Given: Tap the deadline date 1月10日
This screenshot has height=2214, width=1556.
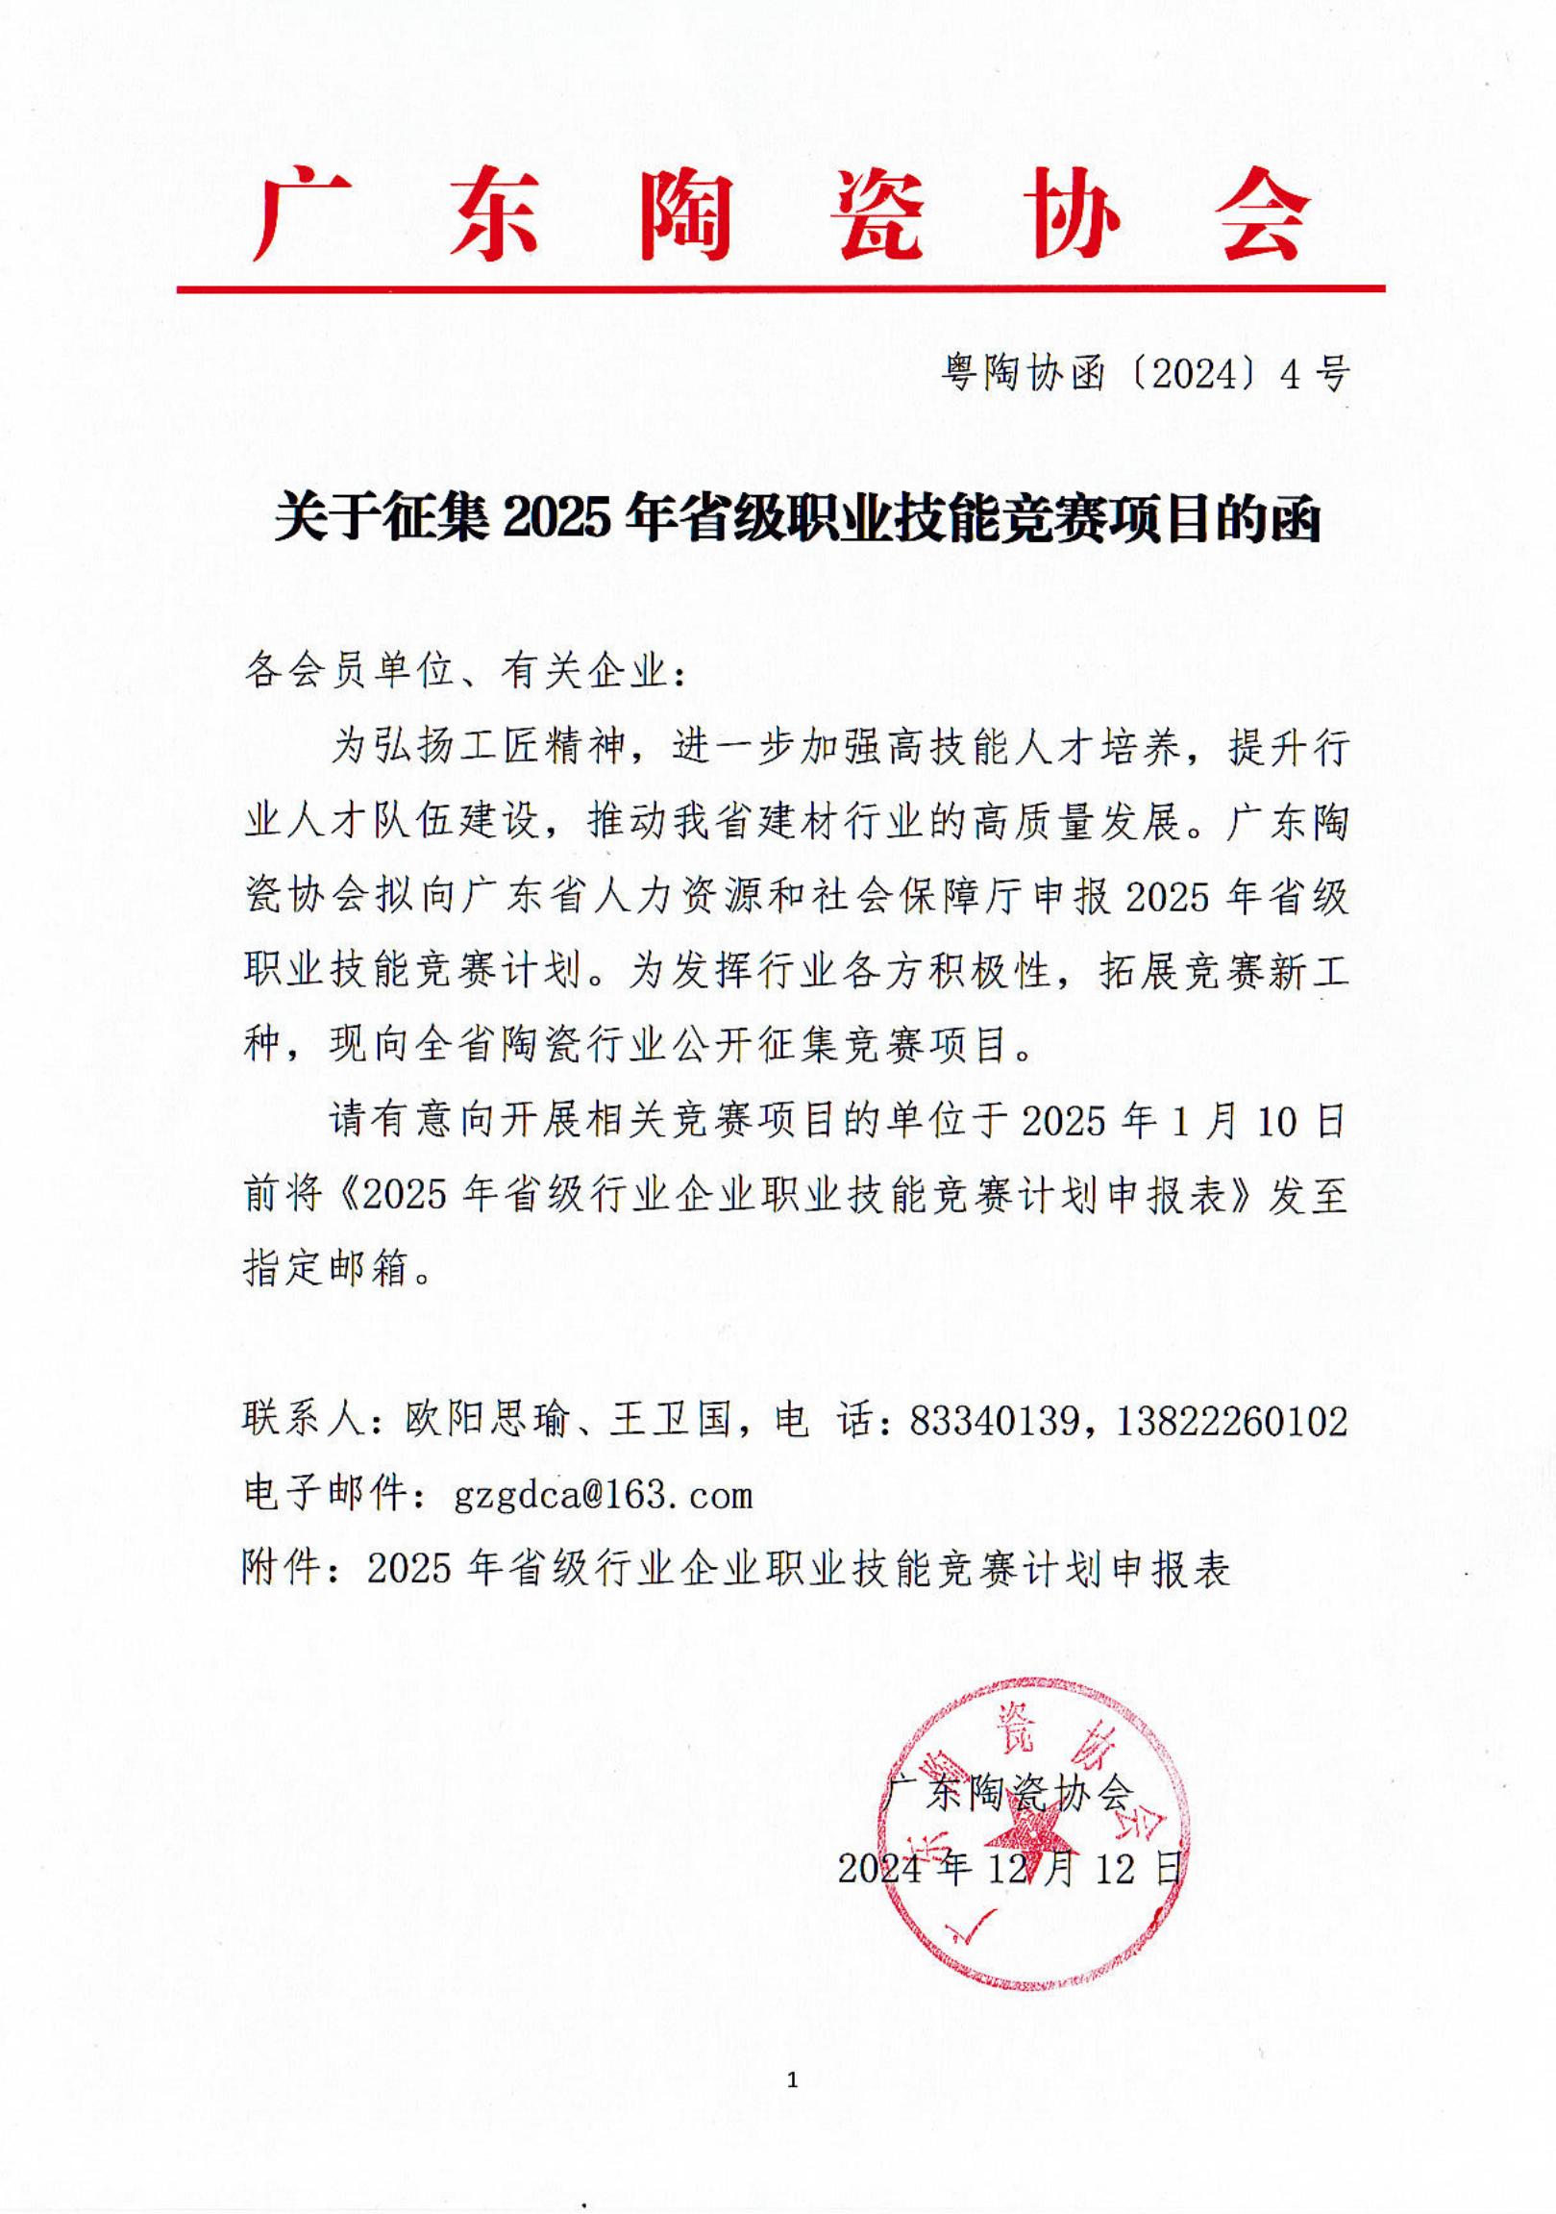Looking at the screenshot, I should point(1253,1121).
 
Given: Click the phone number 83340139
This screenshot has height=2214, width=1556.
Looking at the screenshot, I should point(993,1420).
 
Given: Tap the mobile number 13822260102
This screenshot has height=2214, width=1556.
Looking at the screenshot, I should point(1231,1420).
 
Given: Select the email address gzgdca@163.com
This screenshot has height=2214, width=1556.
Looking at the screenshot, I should point(603,1495).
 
